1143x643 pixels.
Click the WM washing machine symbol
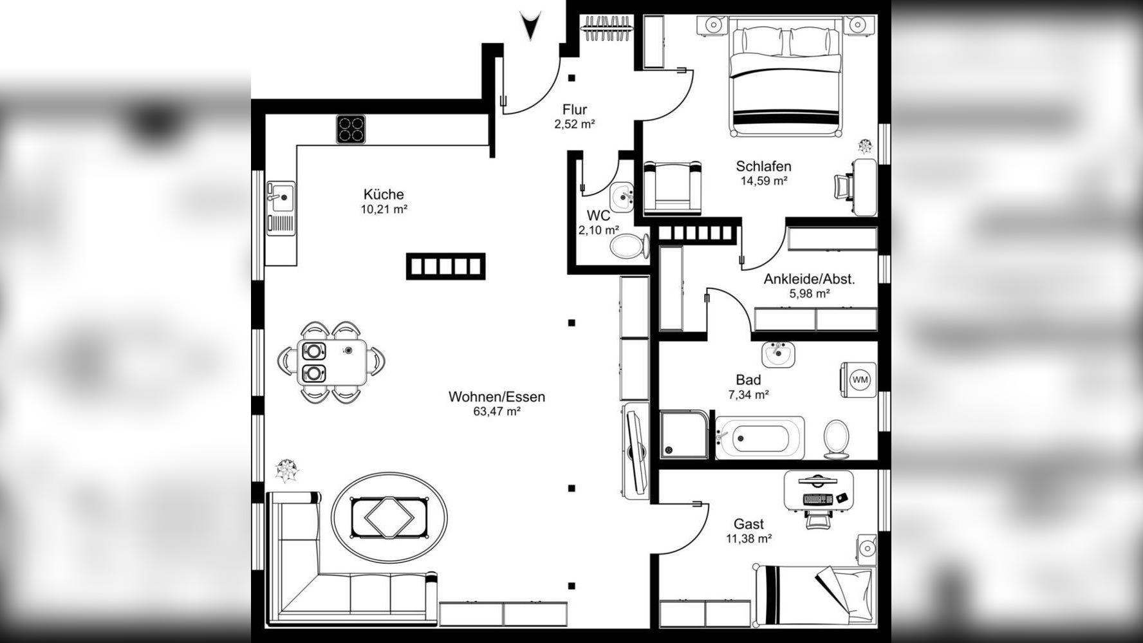point(859,380)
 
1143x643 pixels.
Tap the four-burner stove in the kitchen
point(351,129)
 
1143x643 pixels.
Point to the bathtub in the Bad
point(760,438)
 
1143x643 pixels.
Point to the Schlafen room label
point(764,167)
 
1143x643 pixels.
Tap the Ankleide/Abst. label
point(810,279)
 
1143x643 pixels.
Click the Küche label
point(384,194)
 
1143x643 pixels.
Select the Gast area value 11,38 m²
point(749,539)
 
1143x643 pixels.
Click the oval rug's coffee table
point(389,517)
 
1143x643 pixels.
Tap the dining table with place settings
point(333,362)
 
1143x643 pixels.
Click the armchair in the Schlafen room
point(673,187)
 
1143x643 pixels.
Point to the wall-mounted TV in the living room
point(637,453)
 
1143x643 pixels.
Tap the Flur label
point(574,109)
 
